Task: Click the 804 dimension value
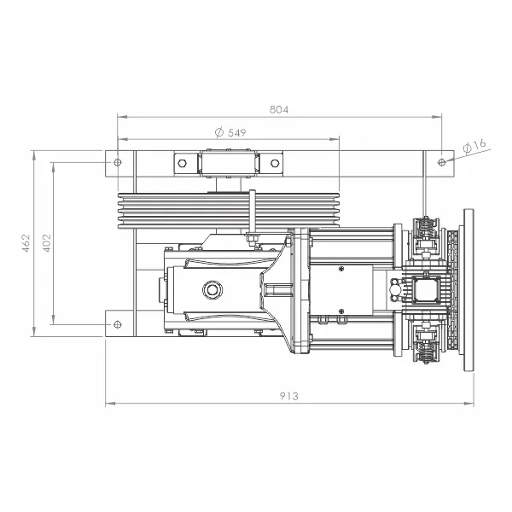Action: (x=279, y=109)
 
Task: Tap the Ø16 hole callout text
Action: (x=474, y=146)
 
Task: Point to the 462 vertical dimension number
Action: (x=26, y=242)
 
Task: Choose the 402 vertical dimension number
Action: (x=47, y=242)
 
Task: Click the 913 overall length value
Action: (x=289, y=396)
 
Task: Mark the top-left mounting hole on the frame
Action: (x=117, y=162)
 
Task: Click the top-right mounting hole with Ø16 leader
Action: (x=441, y=162)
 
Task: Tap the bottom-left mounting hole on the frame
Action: (x=117, y=324)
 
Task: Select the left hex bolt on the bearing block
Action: (x=183, y=163)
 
